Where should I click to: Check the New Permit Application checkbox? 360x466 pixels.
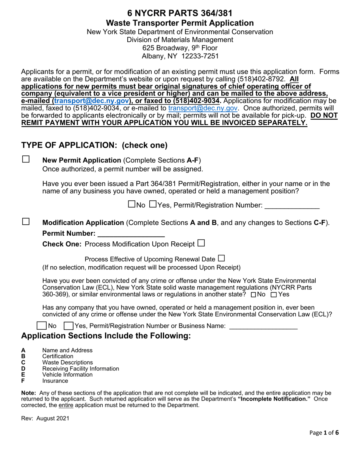coord(26,160)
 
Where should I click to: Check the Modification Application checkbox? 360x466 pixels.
coord(26,222)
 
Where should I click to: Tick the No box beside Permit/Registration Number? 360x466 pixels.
coord(132,204)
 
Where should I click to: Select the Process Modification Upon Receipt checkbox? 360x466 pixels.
coord(201,243)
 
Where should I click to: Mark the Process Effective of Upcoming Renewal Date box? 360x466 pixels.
coord(221,258)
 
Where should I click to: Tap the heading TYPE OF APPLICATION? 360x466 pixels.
coord(94,145)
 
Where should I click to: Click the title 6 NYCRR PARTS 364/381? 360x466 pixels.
coord(180,14)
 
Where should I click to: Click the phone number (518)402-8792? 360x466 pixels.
coord(261,79)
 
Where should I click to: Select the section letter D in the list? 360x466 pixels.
coord(23,369)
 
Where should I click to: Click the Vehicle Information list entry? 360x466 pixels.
coord(67,375)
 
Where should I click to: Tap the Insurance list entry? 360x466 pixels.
coord(55,381)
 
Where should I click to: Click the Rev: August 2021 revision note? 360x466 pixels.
coord(45,419)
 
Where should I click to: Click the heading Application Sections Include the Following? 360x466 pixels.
coord(106,336)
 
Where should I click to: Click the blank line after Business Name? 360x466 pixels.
coord(263,326)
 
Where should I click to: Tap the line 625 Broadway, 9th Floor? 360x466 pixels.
coord(180,48)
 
